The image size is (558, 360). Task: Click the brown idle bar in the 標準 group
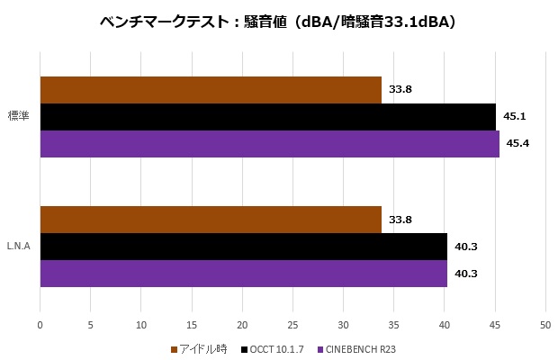coord(211,90)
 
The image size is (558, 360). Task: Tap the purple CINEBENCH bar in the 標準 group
coord(269,144)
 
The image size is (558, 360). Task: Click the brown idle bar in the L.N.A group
coord(211,219)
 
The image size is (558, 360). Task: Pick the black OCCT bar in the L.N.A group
coord(243,246)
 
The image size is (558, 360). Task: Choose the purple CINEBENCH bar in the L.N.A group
coord(243,273)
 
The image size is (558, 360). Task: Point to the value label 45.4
coord(518,144)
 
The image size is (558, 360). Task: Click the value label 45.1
coord(515,117)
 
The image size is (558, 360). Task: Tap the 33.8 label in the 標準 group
coord(400,90)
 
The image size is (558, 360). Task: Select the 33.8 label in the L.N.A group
coord(400,219)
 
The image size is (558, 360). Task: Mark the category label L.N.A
coord(19,246)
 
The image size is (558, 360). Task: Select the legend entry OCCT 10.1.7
coord(275,348)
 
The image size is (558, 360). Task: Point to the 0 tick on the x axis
coord(40,325)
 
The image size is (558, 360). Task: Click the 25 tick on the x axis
coord(292,325)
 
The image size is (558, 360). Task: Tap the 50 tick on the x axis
coord(544,325)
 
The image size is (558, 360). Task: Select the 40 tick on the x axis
coord(444,325)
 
